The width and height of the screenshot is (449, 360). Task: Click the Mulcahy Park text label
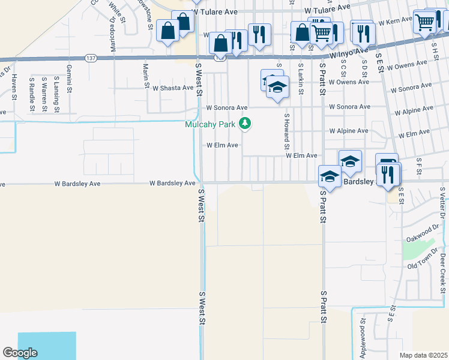coord(209,125)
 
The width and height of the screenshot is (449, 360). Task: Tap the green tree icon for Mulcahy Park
coord(244,124)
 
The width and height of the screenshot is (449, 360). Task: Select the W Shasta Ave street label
coord(173,88)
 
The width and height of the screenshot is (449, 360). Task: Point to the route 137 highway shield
coord(90,58)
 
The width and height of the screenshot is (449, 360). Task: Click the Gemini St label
coord(69,78)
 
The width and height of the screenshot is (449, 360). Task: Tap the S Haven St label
coord(14,84)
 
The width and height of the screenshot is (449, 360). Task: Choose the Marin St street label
coord(145,75)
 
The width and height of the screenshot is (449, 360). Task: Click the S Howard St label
coord(287,131)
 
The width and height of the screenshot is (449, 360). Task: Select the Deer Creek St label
coord(443,267)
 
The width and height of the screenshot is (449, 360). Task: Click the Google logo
coord(20,353)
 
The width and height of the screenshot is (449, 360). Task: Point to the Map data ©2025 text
coord(423,355)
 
